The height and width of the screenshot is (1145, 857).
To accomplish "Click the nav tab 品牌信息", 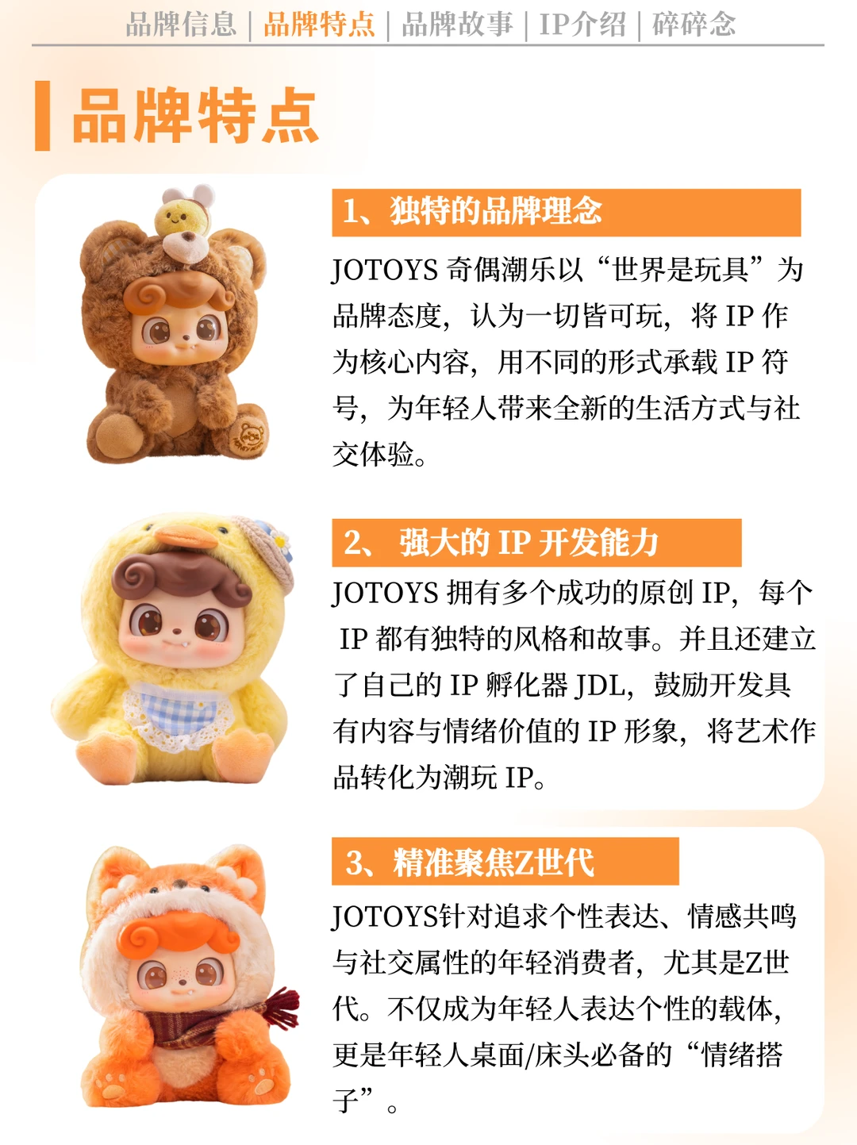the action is coord(181,24).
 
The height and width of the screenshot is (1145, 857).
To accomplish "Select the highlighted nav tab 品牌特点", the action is coord(319,24).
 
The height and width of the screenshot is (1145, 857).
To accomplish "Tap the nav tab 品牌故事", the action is coord(457,24).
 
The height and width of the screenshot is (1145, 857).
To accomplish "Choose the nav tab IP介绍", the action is coord(582,24).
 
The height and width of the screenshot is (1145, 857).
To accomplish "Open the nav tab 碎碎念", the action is coord(694,24).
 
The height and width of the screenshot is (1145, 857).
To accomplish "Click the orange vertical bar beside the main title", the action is coord(42,116).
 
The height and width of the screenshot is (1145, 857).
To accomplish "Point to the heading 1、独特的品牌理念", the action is coord(473,212).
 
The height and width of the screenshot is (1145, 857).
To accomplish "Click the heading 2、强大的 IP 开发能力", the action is coord(501,543).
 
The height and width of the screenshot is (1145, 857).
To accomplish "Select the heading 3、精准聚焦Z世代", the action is coord(470,862).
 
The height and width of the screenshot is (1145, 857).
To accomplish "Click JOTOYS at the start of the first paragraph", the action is coord(385,271).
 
